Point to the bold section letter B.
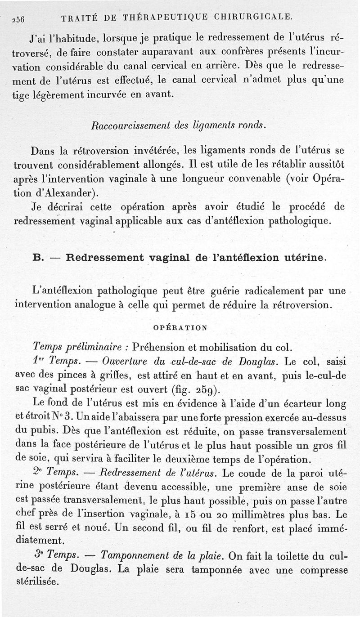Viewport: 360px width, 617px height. pyautogui.click(x=38, y=258)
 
